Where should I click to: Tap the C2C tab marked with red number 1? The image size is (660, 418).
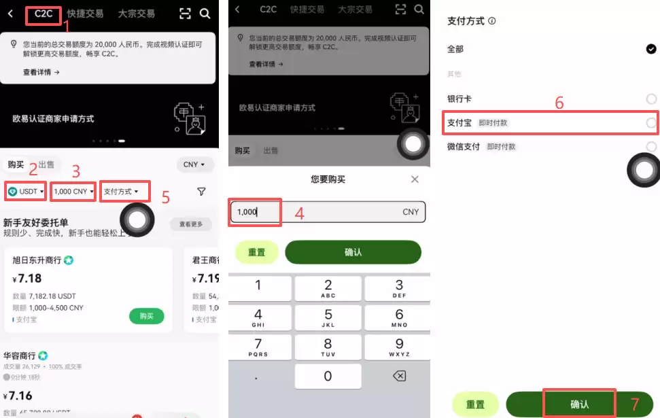pyautogui.click(x=44, y=14)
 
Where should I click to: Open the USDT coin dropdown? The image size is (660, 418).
pyautogui.click(x=26, y=192)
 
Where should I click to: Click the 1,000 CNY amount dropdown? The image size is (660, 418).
pyautogui.click(x=73, y=192)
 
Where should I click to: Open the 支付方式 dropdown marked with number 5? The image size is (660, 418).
pyautogui.click(x=124, y=192)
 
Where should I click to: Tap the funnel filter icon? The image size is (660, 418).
pyautogui.click(x=201, y=192)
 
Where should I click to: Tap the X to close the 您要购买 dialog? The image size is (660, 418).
pyautogui.click(x=415, y=179)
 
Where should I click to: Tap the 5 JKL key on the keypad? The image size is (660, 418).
pyautogui.click(x=328, y=317)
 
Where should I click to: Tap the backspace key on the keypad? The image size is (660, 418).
pyautogui.click(x=399, y=376)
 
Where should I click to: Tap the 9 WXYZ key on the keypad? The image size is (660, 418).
pyautogui.click(x=399, y=347)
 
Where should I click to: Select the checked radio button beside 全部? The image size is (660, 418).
pyautogui.click(x=650, y=49)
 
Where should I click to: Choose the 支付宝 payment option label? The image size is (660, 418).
pyautogui.click(x=459, y=123)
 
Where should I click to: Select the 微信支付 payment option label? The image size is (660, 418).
pyautogui.click(x=463, y=146)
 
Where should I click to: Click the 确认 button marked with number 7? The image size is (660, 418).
pyautogui.click(x=579, y=404)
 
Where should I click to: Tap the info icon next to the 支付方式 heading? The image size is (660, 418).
pyautogui.click(x=492, y=21)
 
